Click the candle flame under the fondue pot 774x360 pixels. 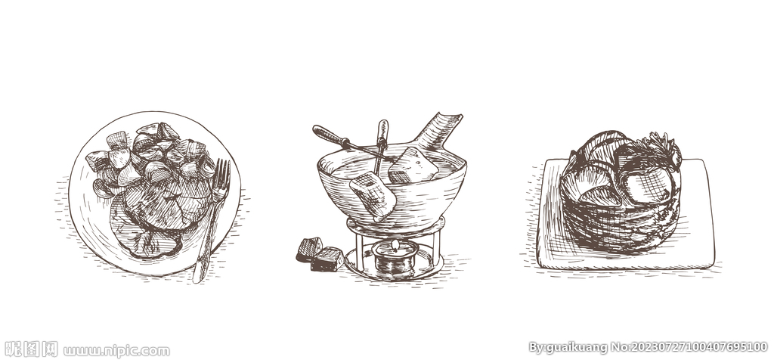coord(394,245)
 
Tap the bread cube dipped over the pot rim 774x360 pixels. coord(373,194)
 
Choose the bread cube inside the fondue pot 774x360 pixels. coord(412,165)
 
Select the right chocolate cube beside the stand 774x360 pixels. coord(327,259)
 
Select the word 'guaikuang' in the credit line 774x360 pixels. coord(573,348)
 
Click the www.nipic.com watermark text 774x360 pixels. coord(116,351)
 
